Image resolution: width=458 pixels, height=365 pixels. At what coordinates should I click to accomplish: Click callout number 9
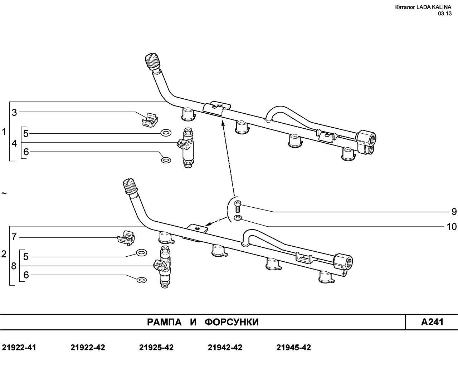(x=454, y=212)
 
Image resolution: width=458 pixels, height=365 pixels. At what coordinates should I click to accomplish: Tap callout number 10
(x=452, y=227)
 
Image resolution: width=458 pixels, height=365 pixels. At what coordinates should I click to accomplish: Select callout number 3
(x=14, y=113)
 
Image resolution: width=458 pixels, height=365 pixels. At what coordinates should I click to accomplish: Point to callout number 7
(x=14, y=237)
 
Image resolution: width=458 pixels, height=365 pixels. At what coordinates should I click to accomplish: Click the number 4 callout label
(x=14, y=143)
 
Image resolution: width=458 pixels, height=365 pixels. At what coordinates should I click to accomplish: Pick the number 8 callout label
(x=14, y=266)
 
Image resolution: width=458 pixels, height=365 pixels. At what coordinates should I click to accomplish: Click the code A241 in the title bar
(x=432, y=322)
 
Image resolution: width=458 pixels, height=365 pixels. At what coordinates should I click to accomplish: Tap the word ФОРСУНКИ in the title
(x=232, y=322)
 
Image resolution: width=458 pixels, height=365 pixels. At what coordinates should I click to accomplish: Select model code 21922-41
(x=19, y=347)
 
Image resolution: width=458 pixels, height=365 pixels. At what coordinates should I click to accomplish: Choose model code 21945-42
(x=293, y=347)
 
